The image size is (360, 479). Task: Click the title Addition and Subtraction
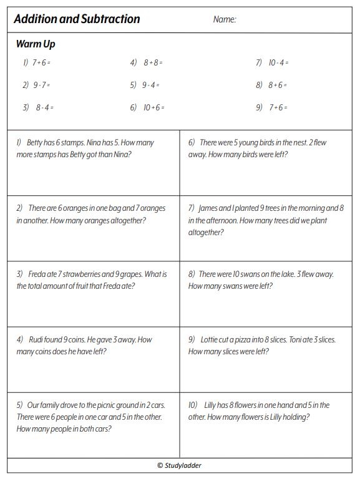point(77,19)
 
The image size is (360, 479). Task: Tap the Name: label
point(225,19)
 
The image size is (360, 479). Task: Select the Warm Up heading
point(36,44)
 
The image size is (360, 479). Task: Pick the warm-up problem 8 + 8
point(153,62)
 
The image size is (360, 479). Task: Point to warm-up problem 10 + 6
point(153,107)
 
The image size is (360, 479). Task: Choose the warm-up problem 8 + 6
point(278,85)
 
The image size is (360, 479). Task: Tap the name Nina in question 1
point(100,142)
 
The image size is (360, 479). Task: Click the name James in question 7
point(209,208)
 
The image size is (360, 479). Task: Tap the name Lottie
point(210,340)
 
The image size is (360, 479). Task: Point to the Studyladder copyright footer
point(180,465)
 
